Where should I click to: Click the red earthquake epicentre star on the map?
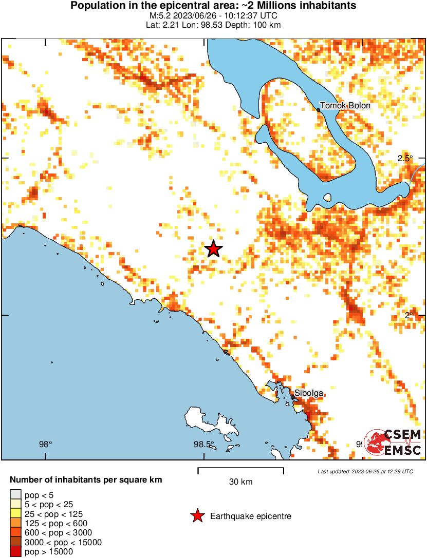213,249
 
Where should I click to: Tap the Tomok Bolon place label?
345,106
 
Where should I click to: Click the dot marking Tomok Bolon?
319,109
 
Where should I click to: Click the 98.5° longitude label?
203,444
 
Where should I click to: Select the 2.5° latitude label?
405,158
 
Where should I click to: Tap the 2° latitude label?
409,315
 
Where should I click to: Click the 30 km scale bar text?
240,482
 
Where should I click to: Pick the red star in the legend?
197,516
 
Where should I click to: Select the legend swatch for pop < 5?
15,495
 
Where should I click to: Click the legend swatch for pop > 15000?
15,552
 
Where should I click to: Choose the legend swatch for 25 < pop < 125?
15,514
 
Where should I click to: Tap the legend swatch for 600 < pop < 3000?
15,533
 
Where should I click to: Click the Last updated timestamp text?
365,471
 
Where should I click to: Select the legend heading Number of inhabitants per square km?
86,480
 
